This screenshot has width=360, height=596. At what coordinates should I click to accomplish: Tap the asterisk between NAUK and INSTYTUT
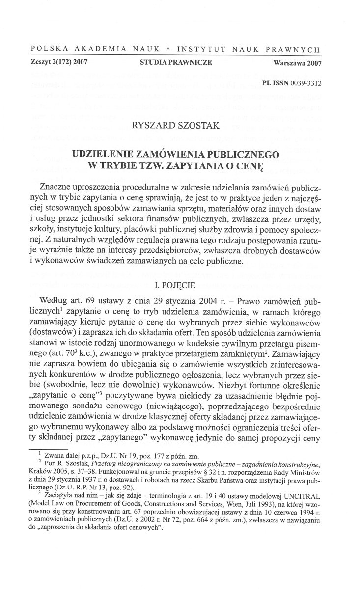point(168,50)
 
